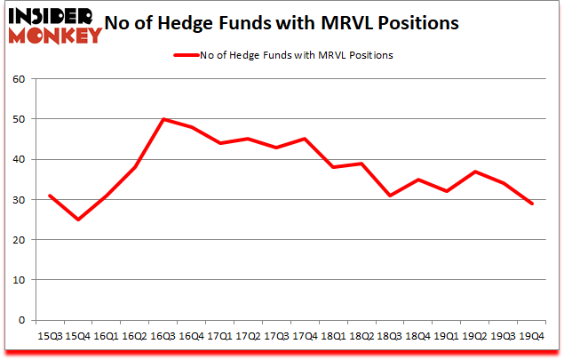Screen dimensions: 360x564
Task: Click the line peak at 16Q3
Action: [163, 119]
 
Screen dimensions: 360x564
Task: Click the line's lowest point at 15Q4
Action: [78, 220]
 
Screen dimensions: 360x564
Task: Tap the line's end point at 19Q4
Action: [532, 204]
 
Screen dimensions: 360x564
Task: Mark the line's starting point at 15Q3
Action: [50, 196]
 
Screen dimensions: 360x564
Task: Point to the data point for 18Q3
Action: [390, 196]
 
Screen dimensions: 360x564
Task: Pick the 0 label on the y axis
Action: [24, 320]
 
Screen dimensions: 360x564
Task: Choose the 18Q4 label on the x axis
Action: [418, 337]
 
